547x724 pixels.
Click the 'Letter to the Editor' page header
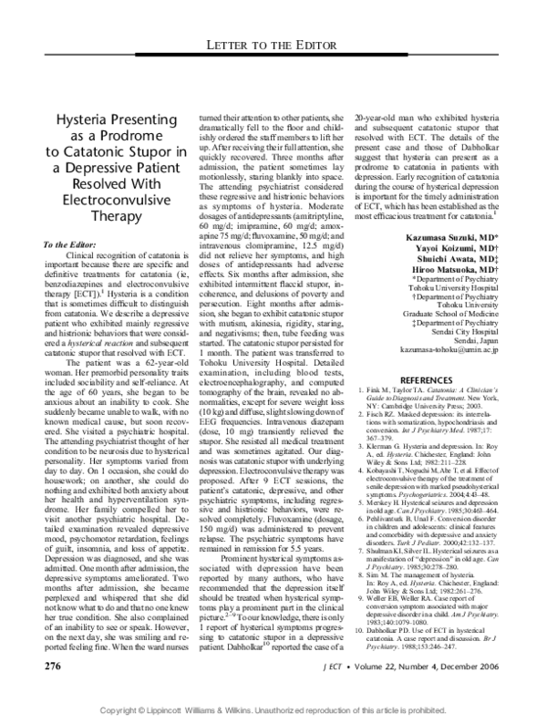pos(273,46)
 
